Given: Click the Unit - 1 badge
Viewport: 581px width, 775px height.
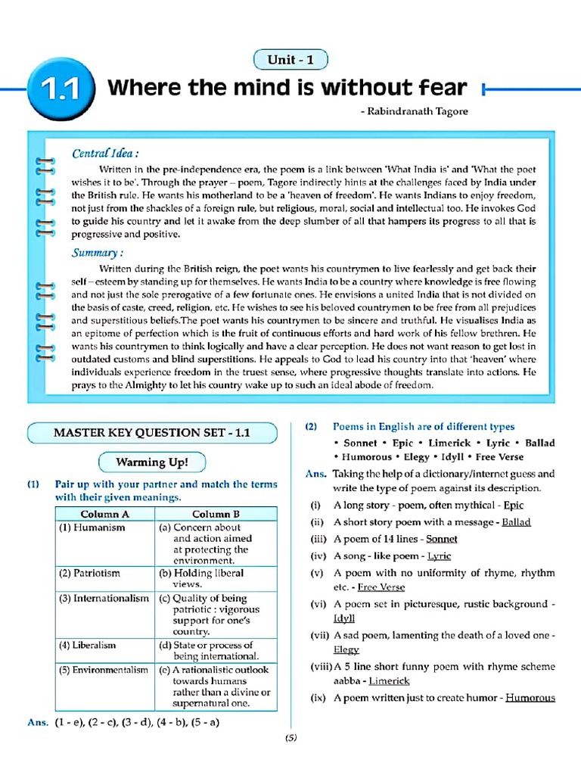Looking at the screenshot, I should coord(290,60).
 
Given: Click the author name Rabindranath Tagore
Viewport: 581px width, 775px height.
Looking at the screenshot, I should coord(415,111).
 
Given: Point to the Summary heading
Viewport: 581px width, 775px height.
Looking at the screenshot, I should coord(98,253).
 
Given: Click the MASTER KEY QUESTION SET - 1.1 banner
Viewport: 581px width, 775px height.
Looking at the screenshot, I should coord(151,433).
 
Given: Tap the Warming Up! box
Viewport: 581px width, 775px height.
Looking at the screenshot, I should coord(152,462).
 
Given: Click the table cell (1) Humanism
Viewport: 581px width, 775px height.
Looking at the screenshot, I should coord(92,528).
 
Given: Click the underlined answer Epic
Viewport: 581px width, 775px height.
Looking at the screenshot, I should coord(513,505).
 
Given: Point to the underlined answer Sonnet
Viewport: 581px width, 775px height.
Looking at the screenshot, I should coord(442,539).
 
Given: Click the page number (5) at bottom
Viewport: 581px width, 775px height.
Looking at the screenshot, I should coord(290,739).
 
